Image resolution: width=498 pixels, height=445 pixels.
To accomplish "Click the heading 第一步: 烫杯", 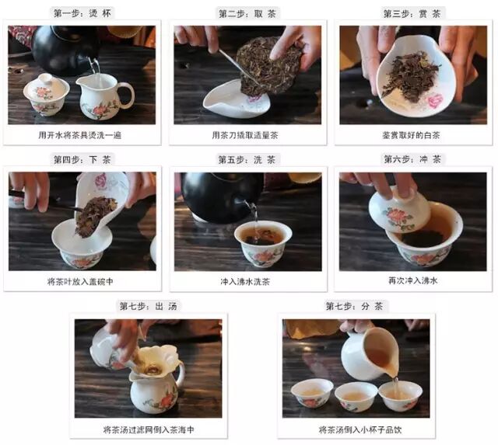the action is point(82,14).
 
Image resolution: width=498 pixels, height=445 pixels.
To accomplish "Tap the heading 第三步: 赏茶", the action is point(412,14).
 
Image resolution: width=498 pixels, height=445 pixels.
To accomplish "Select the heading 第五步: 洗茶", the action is point(247,160).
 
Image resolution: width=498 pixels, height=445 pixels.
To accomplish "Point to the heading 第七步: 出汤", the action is point(149,306).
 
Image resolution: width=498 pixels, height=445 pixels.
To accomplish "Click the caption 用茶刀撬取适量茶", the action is point(245,135).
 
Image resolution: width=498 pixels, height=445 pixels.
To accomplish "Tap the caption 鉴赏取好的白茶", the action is point(411,135).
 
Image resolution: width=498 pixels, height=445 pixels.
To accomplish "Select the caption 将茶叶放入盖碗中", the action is point(80,281).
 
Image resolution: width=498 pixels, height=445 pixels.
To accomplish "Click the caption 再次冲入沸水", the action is point(413,280).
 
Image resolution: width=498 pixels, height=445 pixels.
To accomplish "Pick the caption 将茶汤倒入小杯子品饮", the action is point(360,429).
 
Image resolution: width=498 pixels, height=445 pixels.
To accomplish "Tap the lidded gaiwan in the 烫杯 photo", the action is point(47,94).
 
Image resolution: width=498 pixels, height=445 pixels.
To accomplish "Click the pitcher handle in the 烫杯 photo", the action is point(127,95).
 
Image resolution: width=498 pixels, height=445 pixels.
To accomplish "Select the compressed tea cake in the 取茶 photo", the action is point(270,67).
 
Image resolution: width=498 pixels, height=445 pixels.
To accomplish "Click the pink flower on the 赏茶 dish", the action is point(435,101).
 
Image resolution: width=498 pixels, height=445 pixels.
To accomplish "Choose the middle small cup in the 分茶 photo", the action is point(356,396).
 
